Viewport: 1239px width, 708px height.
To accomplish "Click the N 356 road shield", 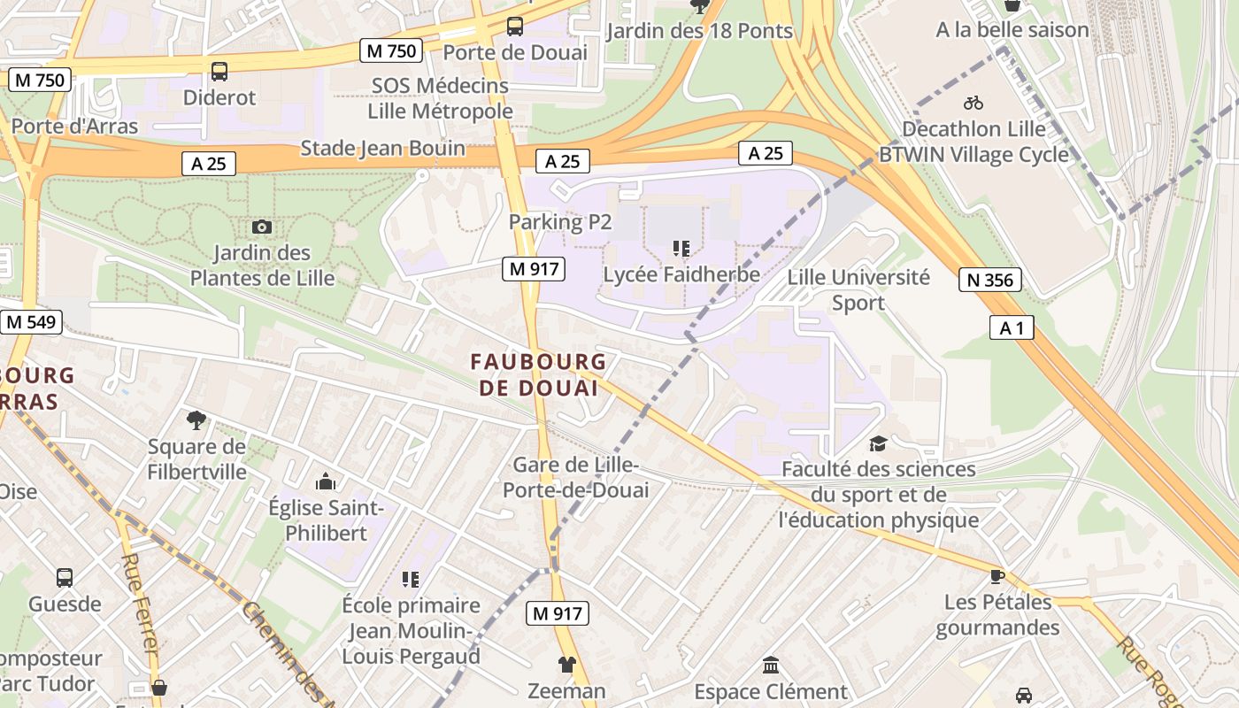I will [990, 281].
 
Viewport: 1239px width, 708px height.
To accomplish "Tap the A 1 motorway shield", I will [1012, 328].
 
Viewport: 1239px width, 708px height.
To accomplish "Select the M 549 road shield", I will [31, 322].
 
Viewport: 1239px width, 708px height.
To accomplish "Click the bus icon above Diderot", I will [219, 72].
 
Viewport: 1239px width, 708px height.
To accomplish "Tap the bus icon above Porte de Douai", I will [514, 27].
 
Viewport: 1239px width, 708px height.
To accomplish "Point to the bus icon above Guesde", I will [65, 578].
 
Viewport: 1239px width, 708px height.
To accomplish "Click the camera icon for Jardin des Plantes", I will [261, 227].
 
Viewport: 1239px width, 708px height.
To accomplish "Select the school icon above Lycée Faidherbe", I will [681, 249].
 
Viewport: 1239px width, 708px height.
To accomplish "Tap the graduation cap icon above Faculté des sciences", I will [878, 443].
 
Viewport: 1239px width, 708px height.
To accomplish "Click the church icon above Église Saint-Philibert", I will [326, 482].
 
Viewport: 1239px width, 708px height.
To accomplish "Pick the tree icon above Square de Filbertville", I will [196, 420].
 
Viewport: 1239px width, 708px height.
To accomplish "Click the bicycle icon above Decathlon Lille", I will [973, 103].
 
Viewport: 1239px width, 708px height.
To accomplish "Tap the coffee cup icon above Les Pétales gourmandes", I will [997, 576].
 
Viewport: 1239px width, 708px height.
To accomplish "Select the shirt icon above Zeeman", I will [566, 664].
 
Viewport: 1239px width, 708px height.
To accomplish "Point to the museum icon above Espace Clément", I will [770, 665].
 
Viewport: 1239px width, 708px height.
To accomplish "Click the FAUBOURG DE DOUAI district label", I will [538, 374].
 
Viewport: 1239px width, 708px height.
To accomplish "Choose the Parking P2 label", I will [560, 222].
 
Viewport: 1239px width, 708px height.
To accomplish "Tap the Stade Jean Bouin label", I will [382, 148].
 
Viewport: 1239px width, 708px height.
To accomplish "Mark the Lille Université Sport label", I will [858, 289].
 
